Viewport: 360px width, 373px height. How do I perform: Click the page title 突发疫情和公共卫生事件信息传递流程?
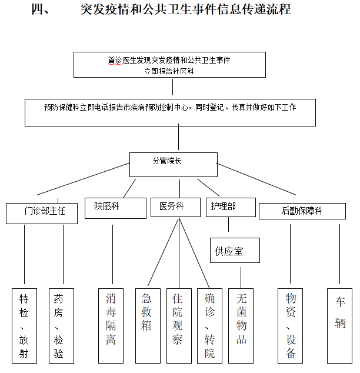tap(185, 11)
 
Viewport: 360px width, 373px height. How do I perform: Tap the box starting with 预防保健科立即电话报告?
tap(170, 112)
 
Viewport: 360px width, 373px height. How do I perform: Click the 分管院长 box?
tap(174, 164)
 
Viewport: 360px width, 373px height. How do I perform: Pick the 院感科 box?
tap(115, 208)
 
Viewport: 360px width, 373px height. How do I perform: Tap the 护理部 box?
tap(231, 207)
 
